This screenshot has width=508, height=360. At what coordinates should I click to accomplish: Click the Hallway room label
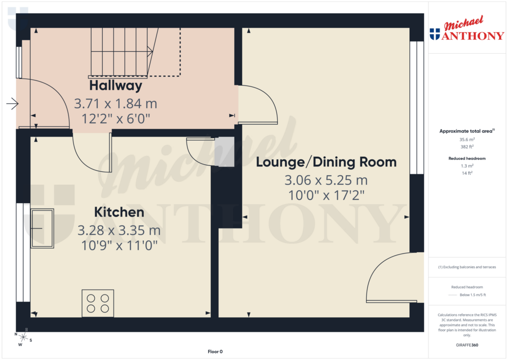116,86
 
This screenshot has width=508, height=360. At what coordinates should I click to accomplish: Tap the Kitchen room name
119,213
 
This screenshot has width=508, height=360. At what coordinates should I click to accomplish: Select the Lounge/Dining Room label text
326,162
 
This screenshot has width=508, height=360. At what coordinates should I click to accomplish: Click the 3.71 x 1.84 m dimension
115,104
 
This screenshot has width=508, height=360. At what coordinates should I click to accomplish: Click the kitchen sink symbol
42,228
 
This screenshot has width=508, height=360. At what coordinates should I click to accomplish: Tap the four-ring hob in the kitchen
98,303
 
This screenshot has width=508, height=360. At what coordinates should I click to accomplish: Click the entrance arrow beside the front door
12,104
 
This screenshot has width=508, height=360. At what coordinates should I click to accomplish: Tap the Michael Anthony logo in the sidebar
466,30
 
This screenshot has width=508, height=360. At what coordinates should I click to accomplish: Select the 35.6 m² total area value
466,140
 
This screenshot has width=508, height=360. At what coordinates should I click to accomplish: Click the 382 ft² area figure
466,147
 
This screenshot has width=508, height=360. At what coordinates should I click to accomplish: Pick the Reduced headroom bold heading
466,158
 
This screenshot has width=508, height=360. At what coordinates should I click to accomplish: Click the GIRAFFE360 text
466,345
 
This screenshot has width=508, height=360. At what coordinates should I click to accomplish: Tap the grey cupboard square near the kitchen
224,152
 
